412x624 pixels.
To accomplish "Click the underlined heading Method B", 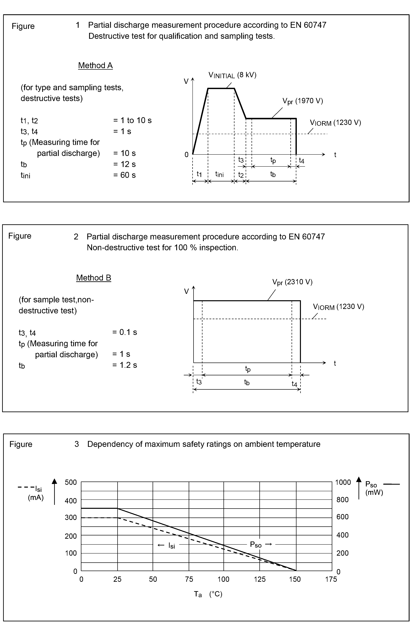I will point(94,278).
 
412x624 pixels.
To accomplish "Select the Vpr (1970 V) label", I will point(302,101).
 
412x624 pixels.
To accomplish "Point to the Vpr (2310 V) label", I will point(292,282).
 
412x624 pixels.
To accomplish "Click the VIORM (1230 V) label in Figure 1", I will point(335,123).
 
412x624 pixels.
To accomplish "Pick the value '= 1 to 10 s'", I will point(132,120).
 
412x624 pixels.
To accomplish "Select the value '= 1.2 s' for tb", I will point(125,365).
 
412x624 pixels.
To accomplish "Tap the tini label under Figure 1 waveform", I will point(219,174).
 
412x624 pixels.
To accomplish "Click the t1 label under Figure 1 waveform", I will point(199,174).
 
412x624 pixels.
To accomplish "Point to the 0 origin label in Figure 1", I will point(187,155).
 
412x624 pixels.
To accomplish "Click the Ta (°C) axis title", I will point(208,594).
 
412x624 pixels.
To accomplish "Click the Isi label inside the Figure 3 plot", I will point(171,545).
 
